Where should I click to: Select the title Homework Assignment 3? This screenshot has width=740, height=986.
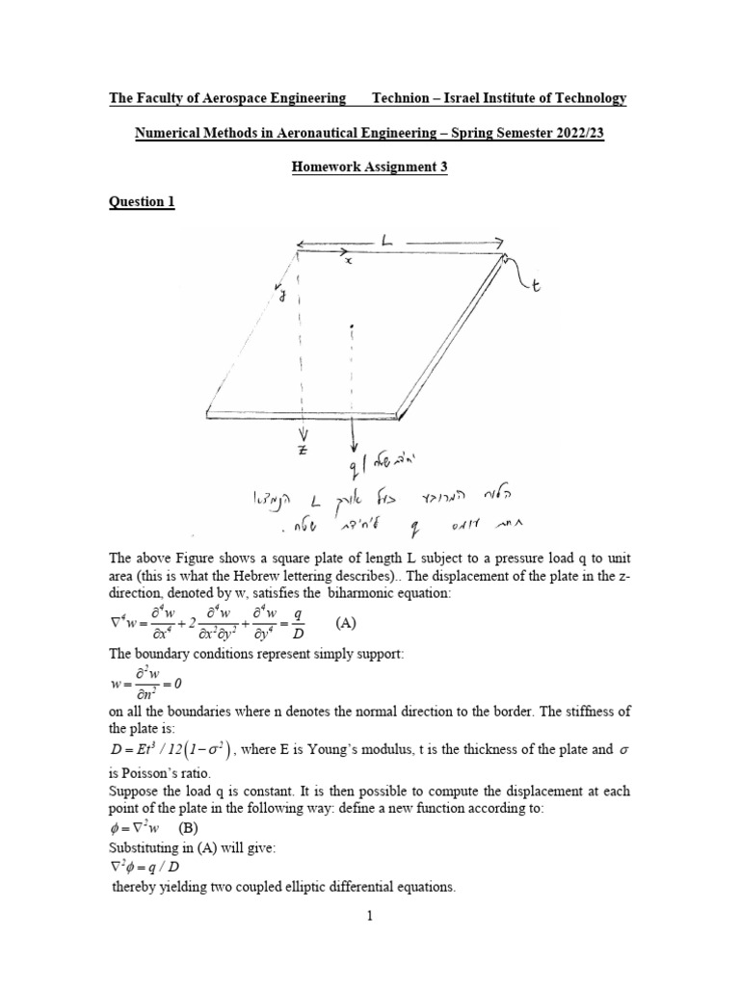click(370, 168)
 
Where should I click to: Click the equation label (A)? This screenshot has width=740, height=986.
click(345, 623)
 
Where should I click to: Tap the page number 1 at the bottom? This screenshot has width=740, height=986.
click(370, 916)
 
